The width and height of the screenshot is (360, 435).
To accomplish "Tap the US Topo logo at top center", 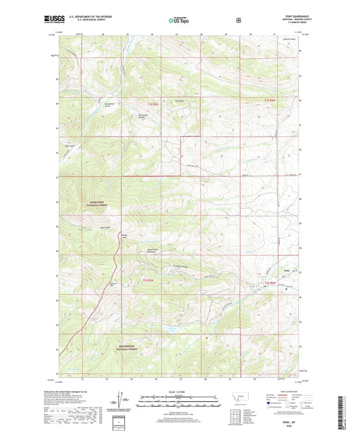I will (x=180, y=21).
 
